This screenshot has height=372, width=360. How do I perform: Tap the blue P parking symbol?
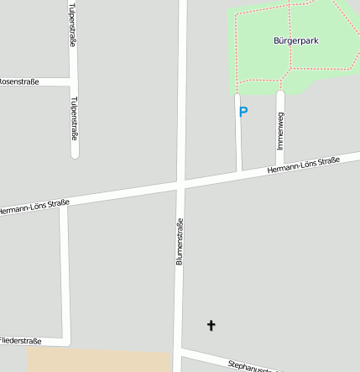click(243, 112)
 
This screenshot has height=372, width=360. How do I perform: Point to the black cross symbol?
click(211, 325)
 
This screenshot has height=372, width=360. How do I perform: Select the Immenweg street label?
click(280, 131)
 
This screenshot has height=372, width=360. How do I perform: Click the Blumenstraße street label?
click(180, 242)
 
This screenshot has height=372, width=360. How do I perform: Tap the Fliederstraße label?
click(20, 341)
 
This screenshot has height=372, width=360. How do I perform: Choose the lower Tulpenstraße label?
click(74, 118)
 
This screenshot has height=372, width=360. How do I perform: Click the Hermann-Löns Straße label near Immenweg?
click(303, 165)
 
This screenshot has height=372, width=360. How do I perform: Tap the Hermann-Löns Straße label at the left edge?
click(34, 206)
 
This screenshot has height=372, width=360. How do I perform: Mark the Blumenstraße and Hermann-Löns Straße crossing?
click(180, 182)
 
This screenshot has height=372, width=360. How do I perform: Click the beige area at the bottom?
click(99, 361)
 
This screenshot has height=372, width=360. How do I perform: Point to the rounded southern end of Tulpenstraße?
click(75, 154)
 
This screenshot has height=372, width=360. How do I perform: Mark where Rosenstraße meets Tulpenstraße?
click(73, 82)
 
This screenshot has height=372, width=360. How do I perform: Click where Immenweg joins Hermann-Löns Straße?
click(280, 165)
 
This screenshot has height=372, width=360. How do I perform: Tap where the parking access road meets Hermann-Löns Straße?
click(239, 171)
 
